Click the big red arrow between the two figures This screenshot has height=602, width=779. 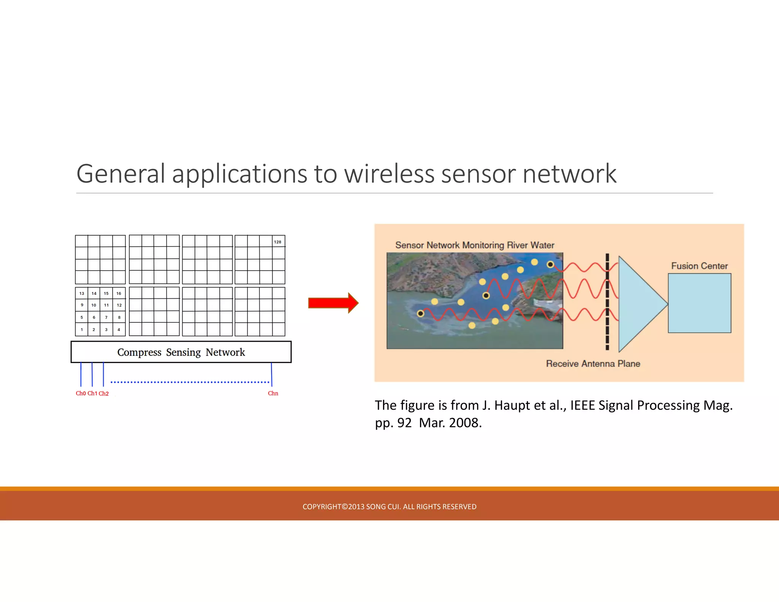[333, 303]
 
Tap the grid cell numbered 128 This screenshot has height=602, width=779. [278, 242]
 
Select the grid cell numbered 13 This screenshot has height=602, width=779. [81, 293]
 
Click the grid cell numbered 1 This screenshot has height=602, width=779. [81, 330]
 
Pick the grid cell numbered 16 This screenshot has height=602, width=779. [119, 293]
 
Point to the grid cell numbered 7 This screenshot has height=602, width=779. [106, 317]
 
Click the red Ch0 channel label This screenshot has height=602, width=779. [81, 393]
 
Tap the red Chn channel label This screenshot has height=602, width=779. [273, 393]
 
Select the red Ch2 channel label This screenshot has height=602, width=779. [104, 393]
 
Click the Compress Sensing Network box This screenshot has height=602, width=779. [181, 352]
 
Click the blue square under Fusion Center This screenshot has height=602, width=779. [699, 303]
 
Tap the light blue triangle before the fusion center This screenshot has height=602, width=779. [639, 304]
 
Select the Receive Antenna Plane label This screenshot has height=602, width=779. [593, 363]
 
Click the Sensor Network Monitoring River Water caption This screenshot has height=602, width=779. [474, 245]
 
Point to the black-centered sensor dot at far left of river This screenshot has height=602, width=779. [420, 314]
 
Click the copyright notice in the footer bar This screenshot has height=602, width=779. [389, 506]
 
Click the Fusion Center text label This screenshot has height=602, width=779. [699, 266]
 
